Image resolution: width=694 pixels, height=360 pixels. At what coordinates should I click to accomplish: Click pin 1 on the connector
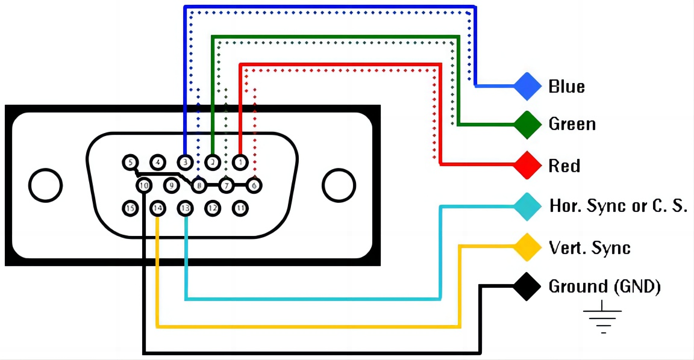(240, 162)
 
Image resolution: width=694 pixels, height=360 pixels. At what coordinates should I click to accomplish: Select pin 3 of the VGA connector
(184, 162)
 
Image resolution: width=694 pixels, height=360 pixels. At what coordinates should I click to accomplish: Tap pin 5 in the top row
(130, 162)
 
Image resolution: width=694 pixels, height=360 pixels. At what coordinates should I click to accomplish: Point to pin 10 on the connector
(143, 185)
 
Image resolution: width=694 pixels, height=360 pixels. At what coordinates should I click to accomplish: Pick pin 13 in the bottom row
(185, 208)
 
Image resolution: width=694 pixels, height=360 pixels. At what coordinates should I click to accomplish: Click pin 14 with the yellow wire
(157, 208)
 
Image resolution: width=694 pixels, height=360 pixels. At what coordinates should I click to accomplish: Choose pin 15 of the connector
(130, 208)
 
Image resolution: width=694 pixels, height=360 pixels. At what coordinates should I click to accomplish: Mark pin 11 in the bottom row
(240, 208)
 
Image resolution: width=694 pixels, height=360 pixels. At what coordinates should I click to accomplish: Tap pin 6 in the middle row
(254, 185)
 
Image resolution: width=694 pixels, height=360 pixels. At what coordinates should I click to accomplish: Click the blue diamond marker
(528, 87)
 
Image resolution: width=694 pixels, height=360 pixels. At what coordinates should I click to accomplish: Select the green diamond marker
(528, 125)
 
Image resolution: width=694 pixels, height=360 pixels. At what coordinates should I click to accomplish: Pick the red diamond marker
(528, 165)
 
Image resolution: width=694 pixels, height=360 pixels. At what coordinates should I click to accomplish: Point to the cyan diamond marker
(528, 206)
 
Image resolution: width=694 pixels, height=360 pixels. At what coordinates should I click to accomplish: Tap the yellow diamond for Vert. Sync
(528, 247)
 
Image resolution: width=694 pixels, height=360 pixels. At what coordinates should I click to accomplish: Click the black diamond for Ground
(528, 287)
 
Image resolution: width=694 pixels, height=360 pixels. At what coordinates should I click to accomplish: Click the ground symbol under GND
(602, 320)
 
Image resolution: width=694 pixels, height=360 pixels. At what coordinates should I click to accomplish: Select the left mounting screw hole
(45, 185)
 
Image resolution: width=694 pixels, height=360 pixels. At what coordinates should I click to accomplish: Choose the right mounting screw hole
(339, 185)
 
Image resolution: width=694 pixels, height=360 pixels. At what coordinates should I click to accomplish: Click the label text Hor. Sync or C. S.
(618, 206)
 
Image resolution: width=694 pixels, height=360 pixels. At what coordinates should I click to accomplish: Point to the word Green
(572, 125)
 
